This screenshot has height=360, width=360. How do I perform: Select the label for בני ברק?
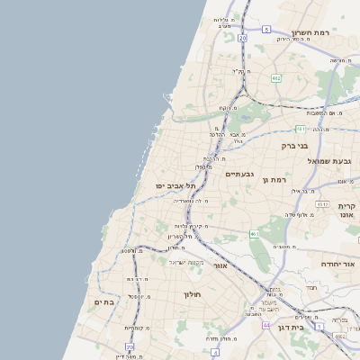[x=294, y=144]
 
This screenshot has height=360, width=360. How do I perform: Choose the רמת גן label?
[x=274, y=180]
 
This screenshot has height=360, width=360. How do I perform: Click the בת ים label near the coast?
[x=104, y=302]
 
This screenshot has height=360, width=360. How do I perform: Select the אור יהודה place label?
[x=338, y=265]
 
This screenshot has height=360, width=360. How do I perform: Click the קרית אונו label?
[x=347, y=211]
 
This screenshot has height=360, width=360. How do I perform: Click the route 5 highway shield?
[x=266, y=30]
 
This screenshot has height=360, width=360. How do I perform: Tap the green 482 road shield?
[x=275, y=78]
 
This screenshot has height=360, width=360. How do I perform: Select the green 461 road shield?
[x=256, y=234]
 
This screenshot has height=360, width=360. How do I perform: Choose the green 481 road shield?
[x=299, y=129]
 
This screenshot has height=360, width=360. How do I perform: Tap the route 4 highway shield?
[x=214, y=353]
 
